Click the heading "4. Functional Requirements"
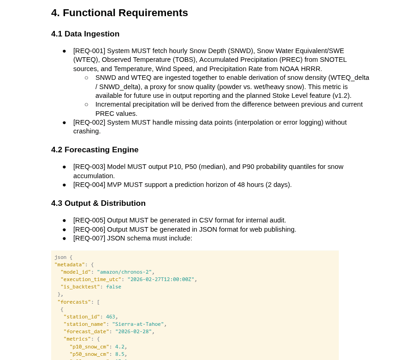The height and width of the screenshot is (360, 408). coord(119,13)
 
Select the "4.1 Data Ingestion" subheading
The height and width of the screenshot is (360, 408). coord(85,34)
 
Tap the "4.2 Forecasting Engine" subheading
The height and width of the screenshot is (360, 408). coord(95,150)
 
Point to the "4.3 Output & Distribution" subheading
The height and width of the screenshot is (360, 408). coord(98,204)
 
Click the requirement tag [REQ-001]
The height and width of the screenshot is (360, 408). coord(89,51)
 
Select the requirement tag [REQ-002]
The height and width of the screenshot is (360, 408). coord(89,122)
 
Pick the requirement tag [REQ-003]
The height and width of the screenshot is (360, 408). coord(89,167)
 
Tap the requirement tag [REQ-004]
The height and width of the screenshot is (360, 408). coord(89,185)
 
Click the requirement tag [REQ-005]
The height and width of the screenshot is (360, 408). coord(89,220)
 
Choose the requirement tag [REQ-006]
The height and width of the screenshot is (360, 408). coord(89,229)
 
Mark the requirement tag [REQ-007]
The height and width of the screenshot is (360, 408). coord(89,238)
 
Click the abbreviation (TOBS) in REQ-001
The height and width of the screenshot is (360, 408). coord(198,60)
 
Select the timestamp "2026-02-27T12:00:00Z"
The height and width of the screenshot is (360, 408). coord(161,280)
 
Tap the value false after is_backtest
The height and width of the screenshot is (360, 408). coord(113,287)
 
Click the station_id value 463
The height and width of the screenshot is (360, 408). coord(111,317)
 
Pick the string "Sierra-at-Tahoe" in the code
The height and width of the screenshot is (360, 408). coord(138,324)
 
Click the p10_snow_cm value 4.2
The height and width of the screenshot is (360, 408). coord(119,347)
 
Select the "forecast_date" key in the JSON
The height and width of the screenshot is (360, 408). coord(86,332)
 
